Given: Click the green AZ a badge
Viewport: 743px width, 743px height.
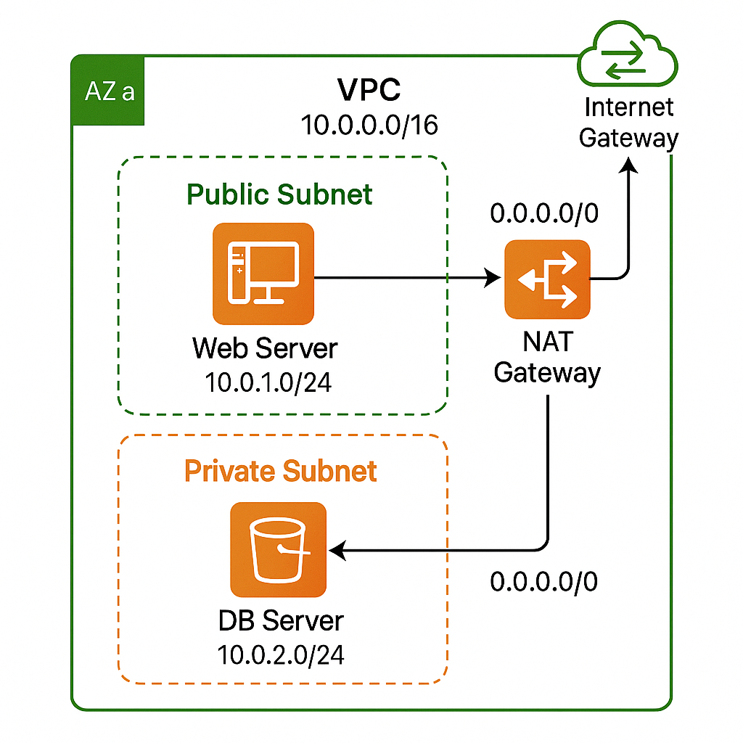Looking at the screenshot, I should (109, 92).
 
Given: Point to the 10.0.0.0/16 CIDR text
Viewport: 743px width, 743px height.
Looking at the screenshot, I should (369, 126).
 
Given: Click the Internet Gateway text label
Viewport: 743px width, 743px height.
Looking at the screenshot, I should (628, 122).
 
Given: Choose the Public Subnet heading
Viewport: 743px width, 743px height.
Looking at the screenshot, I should (279, 194).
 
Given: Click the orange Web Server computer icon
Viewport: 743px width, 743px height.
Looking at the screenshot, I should (263, 273).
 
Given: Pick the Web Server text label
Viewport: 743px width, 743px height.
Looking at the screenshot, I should (265, 348).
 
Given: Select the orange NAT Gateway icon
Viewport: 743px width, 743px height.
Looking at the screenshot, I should (547, 279).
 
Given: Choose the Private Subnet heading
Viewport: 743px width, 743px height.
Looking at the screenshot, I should (281, 471).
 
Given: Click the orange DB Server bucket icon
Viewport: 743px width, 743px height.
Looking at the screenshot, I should (278, 549).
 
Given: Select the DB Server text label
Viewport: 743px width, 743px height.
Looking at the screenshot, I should (281, 621).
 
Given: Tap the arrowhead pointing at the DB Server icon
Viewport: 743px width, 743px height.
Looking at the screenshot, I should (337, 551).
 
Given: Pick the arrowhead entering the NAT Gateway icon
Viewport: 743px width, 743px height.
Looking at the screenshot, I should (494, 277).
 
